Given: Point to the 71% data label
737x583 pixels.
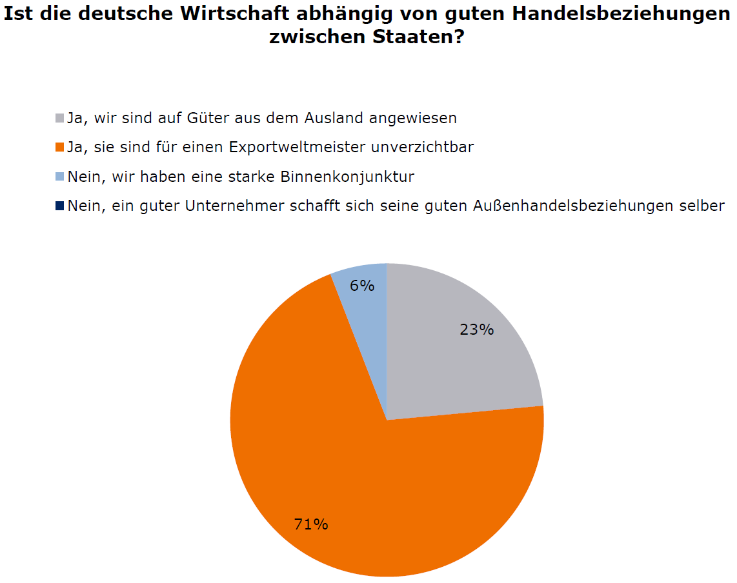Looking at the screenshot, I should point(311,524).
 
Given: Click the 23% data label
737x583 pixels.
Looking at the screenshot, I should point(477,330).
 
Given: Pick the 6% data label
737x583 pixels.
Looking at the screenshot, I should point(362,285).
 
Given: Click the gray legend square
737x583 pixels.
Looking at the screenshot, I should point(60,118).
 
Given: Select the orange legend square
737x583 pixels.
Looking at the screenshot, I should point(60,147).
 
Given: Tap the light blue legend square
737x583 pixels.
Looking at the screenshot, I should point(60,176).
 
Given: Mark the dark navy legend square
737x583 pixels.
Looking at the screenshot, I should point(60,206).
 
